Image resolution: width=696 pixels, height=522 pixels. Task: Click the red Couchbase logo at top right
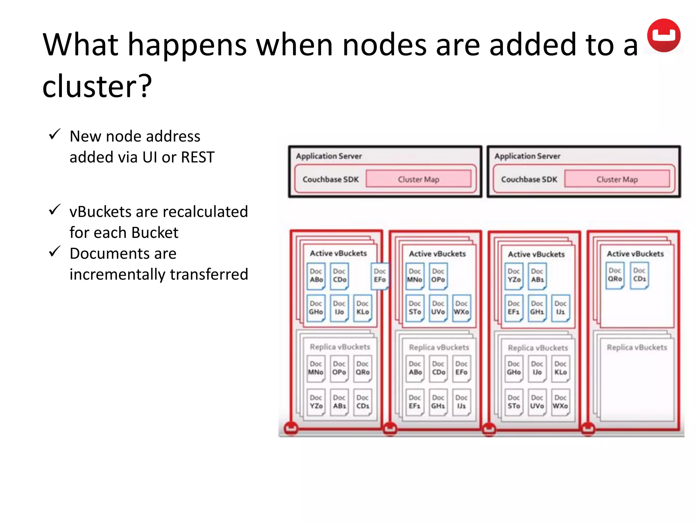(x=663, y=35)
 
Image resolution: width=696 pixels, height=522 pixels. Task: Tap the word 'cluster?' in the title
(x=97, y=86)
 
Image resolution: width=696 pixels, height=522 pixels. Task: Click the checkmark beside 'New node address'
(x=54, y=134)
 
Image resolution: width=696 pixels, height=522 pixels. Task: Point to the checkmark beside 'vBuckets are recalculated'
(x=54, y=210)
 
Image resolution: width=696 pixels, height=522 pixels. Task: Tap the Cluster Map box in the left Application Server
(x=418, y=179)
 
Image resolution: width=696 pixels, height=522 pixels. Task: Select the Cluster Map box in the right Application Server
(x=617, y=179)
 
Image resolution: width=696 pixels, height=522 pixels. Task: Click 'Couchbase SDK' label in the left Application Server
(x=330, y=179)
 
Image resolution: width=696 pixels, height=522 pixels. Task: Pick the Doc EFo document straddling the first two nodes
(x=380, y=276)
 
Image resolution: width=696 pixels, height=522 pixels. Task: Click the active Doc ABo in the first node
(x=316, y=276)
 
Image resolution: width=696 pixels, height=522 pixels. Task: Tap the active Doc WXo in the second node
(x=461, y=308)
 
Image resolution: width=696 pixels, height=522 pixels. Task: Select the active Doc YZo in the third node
(x=514, y=276)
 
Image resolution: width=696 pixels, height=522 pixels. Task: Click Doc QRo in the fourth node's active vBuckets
(x=615, y=275)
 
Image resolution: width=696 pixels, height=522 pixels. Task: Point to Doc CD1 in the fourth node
(x=639, y=275)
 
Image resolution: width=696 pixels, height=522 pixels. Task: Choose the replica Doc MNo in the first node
(x=316, y=368)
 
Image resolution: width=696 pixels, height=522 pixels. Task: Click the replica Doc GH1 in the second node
(x=438, y=402)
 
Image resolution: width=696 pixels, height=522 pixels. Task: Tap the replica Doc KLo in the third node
(x=560, y=368)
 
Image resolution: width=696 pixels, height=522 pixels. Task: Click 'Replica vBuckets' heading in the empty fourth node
(x=637, y=347)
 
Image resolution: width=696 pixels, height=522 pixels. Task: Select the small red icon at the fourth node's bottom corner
(x=588, y=429)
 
